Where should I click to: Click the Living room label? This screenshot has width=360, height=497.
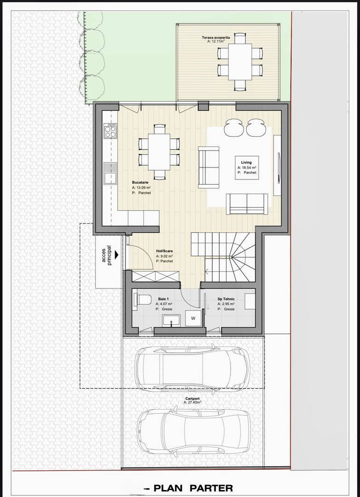point(246,162)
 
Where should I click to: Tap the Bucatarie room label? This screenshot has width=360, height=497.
point(140,183)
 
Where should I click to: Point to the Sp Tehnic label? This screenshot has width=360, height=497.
point(226,299)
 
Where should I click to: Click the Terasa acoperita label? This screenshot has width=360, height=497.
point(215,37)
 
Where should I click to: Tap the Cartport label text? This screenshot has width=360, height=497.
point(192,398)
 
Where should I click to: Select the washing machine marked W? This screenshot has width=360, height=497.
point(193,318)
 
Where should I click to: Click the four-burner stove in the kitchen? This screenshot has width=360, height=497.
point(110,132)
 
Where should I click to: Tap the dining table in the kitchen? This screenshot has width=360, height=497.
point(159,152)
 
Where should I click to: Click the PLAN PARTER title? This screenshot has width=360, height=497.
point(193,488)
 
